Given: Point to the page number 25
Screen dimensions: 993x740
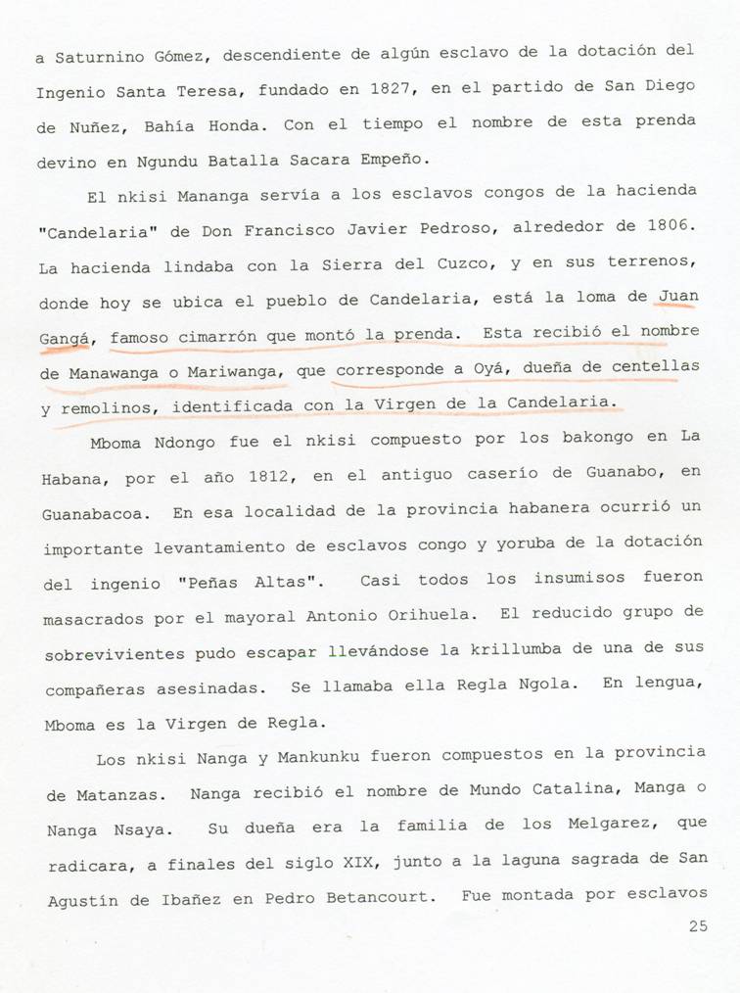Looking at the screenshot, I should coord(697,926).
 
